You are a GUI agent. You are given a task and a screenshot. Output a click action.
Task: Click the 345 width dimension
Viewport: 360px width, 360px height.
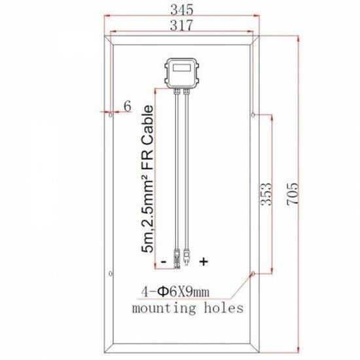point(182,10)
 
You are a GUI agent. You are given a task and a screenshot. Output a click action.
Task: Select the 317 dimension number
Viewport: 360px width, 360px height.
point(181,26)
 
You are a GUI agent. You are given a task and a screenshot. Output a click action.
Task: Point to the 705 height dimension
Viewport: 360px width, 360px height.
point(293,194)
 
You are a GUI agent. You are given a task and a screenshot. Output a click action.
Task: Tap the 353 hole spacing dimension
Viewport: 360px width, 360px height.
point(266,194)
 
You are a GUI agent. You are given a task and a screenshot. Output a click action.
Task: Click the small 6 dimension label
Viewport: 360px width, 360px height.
point(128,106)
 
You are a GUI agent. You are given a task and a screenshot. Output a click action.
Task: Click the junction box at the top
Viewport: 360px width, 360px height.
point(181,73)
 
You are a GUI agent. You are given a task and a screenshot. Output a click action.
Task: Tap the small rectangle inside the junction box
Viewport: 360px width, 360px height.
point(181,67)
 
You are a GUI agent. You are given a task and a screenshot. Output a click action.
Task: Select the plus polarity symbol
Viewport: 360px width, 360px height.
point(204,261)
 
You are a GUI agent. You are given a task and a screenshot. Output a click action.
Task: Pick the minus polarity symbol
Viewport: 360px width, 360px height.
point(164,262)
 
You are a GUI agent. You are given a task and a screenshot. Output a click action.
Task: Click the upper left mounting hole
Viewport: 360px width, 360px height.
point(111,115)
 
